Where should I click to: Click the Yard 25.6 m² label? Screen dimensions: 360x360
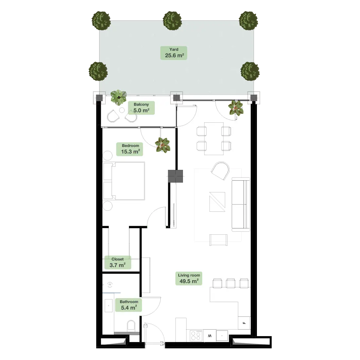[173, 53]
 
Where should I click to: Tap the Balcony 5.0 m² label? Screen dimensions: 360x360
[141, 108]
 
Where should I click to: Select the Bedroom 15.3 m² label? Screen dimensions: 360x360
[130, 149]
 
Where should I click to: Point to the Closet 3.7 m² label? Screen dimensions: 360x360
[117, 262]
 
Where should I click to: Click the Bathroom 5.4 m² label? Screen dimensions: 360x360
[129, 305]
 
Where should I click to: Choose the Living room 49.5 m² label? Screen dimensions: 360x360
[189, 279]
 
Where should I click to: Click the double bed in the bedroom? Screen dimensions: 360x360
[124, 181]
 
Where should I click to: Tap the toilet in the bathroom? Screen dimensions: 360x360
[131, 326]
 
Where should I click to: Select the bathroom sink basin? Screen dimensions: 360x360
[109, 306]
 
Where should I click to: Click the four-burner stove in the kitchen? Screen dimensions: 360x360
[196, 335]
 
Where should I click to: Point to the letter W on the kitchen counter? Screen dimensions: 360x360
[209, 336]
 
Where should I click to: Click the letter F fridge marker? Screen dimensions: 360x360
[244, 323]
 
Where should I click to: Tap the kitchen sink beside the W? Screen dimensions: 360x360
[222, 336]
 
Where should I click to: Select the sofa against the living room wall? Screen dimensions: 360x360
[241, 204]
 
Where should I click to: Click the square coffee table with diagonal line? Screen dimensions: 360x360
[217, 202]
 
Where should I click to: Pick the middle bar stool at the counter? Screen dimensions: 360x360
[230, 283]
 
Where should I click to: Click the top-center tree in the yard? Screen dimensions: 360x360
[172, 21]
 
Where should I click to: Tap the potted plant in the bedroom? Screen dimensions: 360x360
[163, 145]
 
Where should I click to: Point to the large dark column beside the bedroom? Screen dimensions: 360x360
[175, 176]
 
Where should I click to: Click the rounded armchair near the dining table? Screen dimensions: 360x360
[220, 171]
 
